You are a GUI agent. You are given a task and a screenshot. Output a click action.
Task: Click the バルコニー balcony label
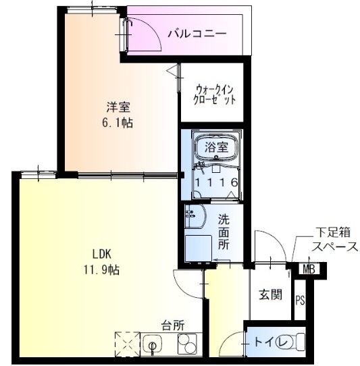[197, 34]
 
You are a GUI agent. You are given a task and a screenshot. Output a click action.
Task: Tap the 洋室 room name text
[118, 107]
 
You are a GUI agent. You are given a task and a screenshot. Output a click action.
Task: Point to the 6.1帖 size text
[118, 122]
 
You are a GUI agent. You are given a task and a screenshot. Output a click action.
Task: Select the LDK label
[102, 254]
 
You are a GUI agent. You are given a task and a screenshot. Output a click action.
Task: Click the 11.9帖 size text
[102, 269]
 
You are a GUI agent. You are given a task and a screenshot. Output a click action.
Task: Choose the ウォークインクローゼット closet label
[214, 95]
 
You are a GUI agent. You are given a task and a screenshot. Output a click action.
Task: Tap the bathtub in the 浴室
[217, 148]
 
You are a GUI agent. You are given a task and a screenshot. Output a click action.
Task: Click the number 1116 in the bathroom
[216, 182]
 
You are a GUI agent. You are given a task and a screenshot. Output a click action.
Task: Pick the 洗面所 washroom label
[224, 232]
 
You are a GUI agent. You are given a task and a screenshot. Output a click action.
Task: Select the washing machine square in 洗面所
[198, 248]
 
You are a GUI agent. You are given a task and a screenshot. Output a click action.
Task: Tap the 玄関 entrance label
[271, 294]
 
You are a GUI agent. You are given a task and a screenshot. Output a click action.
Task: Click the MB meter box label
[309, 269]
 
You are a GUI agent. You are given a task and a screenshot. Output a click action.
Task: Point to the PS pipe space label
[300, 300]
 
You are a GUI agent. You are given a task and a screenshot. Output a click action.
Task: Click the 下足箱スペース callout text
[335, 240]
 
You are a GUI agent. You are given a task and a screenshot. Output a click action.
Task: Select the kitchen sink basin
[153, 344]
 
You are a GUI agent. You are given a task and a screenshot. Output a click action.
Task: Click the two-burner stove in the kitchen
[187, 344]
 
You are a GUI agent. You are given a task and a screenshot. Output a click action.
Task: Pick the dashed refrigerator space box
[127, 344]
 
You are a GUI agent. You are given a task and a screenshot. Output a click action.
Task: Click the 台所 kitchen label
[173, 325]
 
